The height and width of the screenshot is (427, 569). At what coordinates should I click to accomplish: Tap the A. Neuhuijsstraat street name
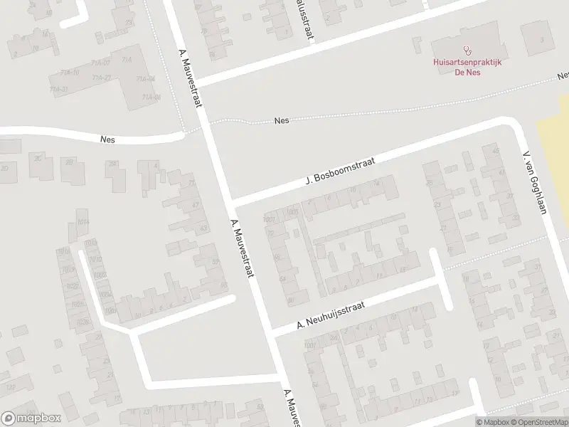pyautogui.click(x=330, y=317)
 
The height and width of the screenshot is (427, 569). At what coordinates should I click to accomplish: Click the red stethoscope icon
pyautogui.click(x=467, y=51)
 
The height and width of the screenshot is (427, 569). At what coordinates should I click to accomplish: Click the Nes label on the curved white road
pyautogui.click(x=108, y=140)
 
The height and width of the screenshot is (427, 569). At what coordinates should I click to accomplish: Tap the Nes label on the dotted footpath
pyautogui.click(x=282, y=121)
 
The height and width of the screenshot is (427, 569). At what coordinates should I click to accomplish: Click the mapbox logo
pyautogui.click(x=31, y=418)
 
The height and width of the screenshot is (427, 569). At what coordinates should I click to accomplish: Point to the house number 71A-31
pyautogui.click(x=59, y=90)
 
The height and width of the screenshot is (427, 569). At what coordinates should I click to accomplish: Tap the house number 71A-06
pyautogui.click(x=151, y=97)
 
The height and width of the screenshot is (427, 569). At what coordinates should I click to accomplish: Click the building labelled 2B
pyautogui.click(x=70, y=162)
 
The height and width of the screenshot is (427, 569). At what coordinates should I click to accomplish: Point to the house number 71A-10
pyautogui.click(x=70, y=73)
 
